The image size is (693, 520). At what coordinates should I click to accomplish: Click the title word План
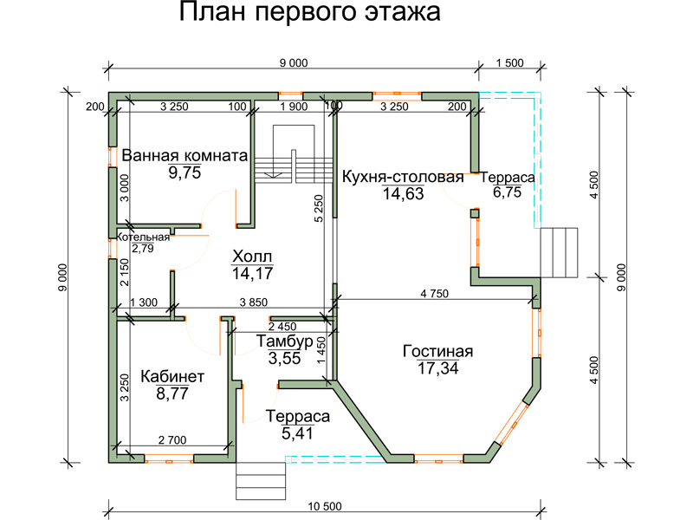point(211,12)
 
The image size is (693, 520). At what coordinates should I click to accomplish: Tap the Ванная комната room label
point(185,156)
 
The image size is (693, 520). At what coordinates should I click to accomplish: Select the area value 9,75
point(185,172)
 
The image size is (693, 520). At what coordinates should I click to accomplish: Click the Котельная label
point(143,237)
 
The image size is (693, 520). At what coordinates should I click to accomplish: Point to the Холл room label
point(252,257)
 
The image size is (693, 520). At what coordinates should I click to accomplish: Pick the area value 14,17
point(252,273)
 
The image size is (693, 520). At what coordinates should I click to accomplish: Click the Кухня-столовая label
point(403,177)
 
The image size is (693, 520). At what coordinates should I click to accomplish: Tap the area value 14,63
point(403,193)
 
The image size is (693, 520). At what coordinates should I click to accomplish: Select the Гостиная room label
point(438,352)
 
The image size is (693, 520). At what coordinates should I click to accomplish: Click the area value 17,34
point(438,367)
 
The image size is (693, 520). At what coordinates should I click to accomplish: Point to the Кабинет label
point(172,377)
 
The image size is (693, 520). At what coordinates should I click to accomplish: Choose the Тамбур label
point(285,341)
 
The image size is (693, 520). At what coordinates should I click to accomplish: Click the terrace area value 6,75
point(508,192)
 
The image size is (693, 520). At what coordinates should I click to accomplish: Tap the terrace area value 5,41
point(297,433)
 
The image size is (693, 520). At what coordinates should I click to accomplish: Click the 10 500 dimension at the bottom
point(325,506)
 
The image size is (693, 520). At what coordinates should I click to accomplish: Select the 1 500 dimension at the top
point(509,62)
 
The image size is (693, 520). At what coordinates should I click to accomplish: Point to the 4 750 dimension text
point(435,294)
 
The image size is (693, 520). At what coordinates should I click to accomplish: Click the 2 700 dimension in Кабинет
point(172,440)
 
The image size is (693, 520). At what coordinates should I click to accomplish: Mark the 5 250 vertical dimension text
point(319,208)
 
